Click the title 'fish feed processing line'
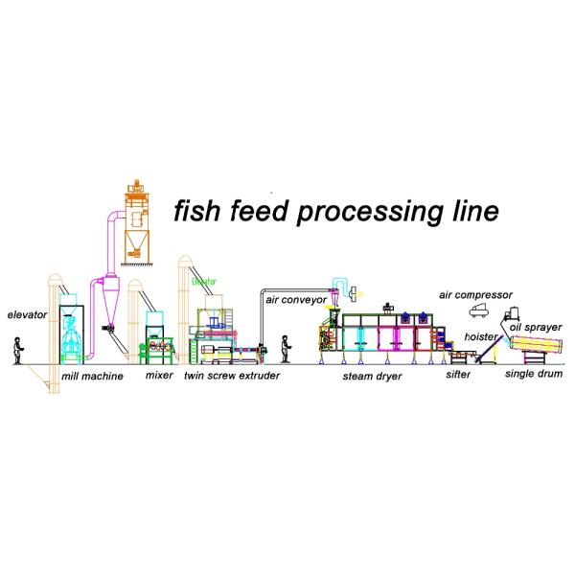click(336, 212)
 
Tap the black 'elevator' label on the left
click(27, 314)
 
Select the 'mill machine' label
click(92, 377)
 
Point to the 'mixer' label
click(159, 375)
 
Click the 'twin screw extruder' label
click(232, 376)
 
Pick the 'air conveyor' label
click(296, 300)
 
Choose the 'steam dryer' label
click(372, 377)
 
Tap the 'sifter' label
click(458, 375)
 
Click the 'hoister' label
click(481, 336)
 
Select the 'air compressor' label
click(475, 295)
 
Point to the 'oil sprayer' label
click(536, 327)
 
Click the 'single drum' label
click(534, 374)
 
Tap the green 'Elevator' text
click(204, 282)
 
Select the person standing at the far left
click(18, 351)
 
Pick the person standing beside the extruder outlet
click(286, 350)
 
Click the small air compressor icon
click(479, 311)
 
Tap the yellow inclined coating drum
click(536, 344)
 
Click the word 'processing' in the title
click(371, 213)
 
